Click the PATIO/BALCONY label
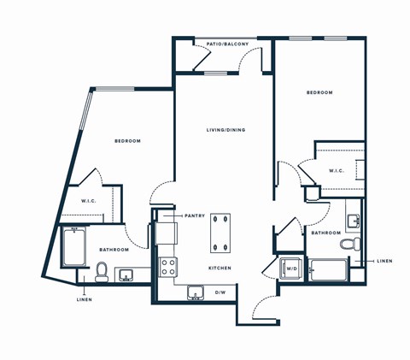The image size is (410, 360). (223, 43)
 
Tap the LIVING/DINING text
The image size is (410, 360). (225, 130)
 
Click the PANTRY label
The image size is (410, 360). (196, 215)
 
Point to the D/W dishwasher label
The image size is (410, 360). (220, 292)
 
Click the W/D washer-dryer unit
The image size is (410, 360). (290, 269)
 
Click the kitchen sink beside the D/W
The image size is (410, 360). (196, 293)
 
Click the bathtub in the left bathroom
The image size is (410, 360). (73, 249)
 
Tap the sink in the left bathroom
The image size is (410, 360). (126, 274)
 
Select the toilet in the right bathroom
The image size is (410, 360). (348, 245)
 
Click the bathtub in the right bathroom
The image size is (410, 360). (327, 270)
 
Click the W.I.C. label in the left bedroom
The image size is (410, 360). (88, 201)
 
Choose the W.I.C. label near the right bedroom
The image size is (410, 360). (337, 170)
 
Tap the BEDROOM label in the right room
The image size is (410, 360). (319, 92)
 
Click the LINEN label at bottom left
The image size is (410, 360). (84, 299)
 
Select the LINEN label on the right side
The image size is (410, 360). (384, 261)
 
